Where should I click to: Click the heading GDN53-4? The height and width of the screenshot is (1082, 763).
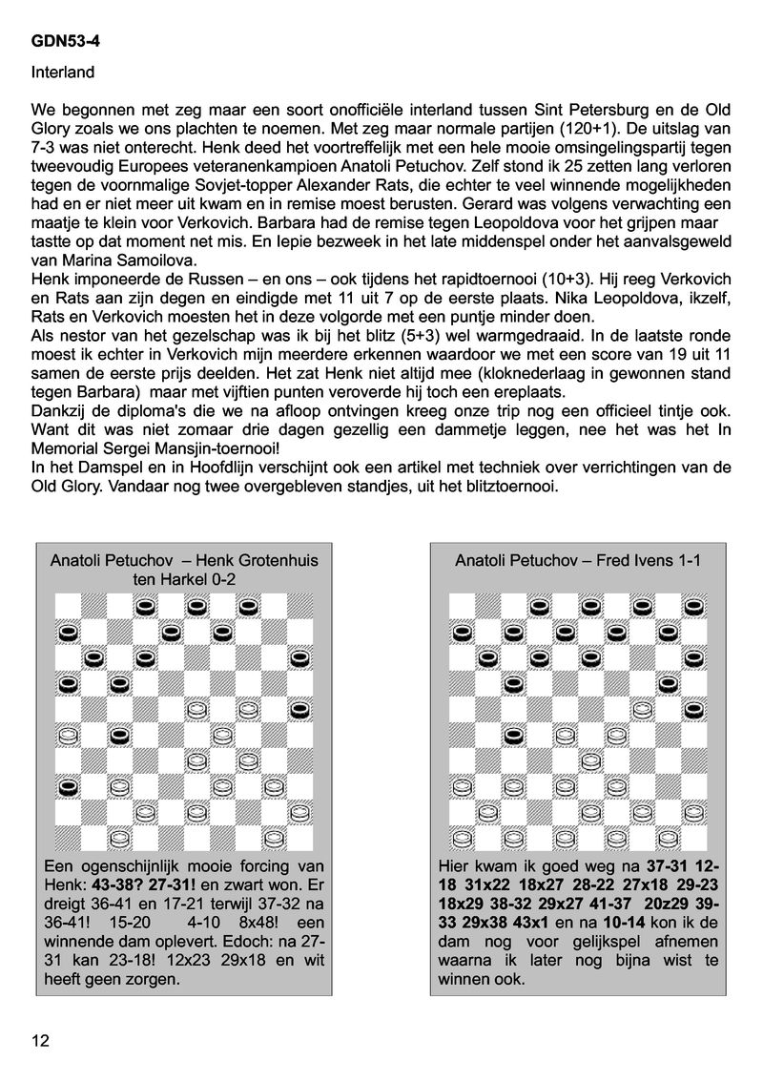(62, 42)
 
